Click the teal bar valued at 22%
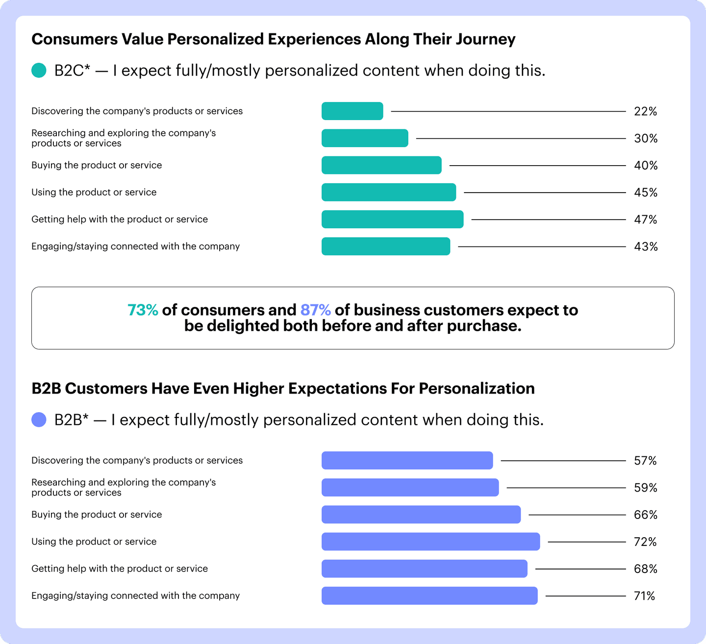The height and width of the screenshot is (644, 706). coord(352,111)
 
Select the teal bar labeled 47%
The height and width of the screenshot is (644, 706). coord(392,219)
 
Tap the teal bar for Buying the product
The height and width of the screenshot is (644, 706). coord(381,165)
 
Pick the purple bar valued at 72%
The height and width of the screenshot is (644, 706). coord(430,542)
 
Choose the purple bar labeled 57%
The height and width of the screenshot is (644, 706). coord(407,461)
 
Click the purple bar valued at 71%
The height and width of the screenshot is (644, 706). coord(429,595)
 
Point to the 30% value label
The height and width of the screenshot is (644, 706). coord(645,139)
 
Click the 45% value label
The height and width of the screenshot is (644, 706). coord(645,193)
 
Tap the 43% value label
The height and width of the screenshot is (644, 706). coord(645,247)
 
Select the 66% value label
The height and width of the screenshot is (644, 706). coord(645,515)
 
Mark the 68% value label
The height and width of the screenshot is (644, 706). coord(645,569)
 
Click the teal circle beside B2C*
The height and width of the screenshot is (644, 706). coord(39,71)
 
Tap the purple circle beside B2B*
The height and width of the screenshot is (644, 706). coord(39,420)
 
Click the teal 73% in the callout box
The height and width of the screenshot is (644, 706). coord(143,310)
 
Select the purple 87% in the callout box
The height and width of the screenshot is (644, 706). coord(315,310)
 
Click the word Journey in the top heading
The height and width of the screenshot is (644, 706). coord(485,39)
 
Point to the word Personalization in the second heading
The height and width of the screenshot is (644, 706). coord(477,389)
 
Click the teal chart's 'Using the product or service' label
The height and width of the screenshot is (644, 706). coord(94,192)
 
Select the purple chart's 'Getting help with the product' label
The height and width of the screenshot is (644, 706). coord(120,569)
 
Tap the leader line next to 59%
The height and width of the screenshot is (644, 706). coord(566,488)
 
